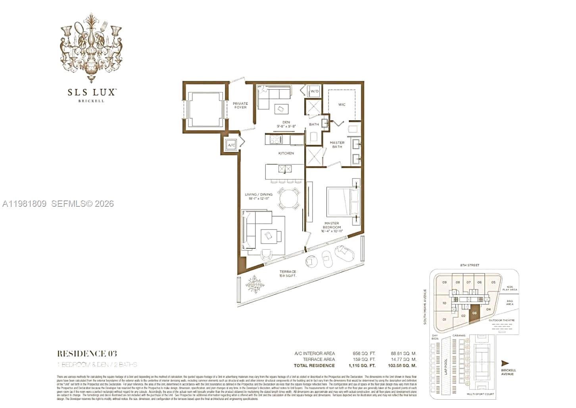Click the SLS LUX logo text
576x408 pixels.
tap(91, 92)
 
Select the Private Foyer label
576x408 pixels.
tap(240, 106)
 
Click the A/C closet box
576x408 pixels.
tap(231, 146)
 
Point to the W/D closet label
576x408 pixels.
tap(315, 91)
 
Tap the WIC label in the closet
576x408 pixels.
tap(342, 105)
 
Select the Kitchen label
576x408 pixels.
tap(286, 153)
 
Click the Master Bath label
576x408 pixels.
tap(337, 144)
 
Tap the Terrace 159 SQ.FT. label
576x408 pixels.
tap(288, 273)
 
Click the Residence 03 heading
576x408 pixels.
tap(87, 354)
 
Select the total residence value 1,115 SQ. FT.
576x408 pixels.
tap(362, 366)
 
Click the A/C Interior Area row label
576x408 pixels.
tap(315, 353)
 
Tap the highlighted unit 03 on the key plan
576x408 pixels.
tap(474, 316)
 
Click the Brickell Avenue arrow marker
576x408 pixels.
tap(505, 363)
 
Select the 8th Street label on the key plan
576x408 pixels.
tap(470, 265)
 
